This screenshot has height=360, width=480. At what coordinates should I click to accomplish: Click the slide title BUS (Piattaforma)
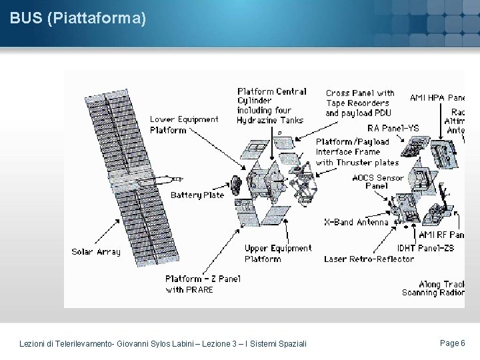[x=78, y=19]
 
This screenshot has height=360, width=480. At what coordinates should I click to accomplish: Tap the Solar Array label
[x=96, y=252]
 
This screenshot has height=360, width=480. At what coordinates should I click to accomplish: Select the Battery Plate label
[x=197, y=195]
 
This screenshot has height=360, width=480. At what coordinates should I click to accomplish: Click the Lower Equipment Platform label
[x=183, y=125]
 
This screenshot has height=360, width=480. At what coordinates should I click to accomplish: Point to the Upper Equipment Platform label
[x=277, y=253]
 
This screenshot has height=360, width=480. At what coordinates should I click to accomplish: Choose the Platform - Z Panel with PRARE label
[x=203, y=284]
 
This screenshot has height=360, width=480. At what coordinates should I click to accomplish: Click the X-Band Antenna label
[x=356, y=222]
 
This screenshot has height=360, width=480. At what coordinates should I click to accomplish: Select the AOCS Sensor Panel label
[x=377, y=181]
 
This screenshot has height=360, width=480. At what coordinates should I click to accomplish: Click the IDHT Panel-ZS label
[x=425, y=248]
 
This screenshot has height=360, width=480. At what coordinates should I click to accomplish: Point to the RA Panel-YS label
[x=393, y=128]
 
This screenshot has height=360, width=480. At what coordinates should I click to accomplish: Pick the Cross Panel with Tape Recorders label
[x=359, y=103]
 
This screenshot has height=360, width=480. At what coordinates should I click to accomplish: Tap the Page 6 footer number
[x=453, y=343]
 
